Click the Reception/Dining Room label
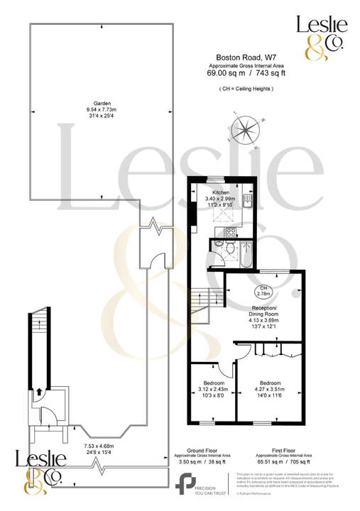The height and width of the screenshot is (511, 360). point(263,309)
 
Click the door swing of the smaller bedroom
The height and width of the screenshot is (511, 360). point(227,368)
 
